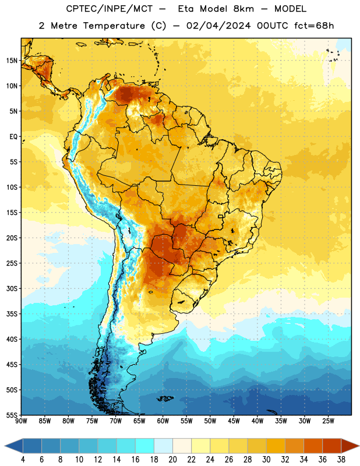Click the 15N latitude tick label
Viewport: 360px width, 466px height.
pyautogui.click(x=12, y=61)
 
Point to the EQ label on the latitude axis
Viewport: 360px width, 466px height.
pyautogui.click(x=13, y=137)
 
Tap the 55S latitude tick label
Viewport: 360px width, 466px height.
pyautogui.click(x=12, y=415)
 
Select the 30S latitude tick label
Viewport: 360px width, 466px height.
pyautogui.click(x=12, y=288)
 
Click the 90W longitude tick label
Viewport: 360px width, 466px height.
pyautogui.click(x=21, y=421)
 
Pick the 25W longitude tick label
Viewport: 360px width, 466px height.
pyautogui.click(x=328, y=421)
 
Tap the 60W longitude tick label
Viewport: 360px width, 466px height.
pyautogui.click(x=163, y=421)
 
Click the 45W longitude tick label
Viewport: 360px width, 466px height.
pyautogui.click(x=234, y=421)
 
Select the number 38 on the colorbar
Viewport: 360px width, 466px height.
pyautogui.click(x=341, y=460)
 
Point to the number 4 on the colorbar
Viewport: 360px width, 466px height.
pyautogui.click(x=23, y=460)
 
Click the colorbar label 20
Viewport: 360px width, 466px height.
pyautogui.click(x=172, y=460)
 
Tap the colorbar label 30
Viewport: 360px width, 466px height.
pyautogui.click(x=266, y=460)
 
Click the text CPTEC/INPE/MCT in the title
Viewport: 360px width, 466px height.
pyautogui.click(x=110, y=9)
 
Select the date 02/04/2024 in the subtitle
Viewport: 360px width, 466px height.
pyautogui.click(x=218, y=26)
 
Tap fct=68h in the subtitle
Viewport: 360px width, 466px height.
pyautogui.click(x=314, y=26)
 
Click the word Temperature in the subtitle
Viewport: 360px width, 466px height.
pyautogui.click(x=114, y=26)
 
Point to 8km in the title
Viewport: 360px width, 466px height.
pyautogui.click(x=243, y=9)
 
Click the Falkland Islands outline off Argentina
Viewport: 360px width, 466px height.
pyautogui.click(x=165, y=398)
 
